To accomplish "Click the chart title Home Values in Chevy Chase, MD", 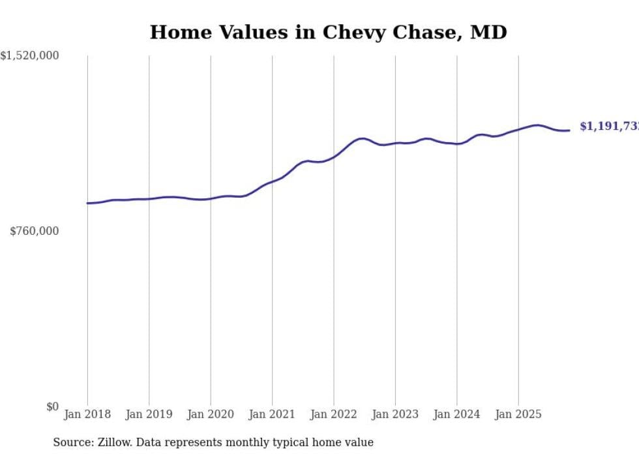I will coord(328,32).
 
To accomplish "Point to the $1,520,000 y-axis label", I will coord(30,56).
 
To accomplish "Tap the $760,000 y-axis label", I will coord(35,231).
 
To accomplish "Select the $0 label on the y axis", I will coord(52,406).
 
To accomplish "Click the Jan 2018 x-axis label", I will coord(87,414).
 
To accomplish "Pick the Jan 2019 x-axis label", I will coord(149,414).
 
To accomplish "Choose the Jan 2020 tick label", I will coord(211,414).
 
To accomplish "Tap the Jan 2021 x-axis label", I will coord(273,414).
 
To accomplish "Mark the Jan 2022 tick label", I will coord(334,414).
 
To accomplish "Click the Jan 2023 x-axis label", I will coord(395,414).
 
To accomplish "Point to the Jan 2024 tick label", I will coord(457,414).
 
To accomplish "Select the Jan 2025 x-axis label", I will coord(518,414).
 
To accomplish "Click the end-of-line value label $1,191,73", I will coord(608,127).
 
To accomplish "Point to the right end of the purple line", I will coord(569,130).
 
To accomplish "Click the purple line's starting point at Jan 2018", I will coord(87,203).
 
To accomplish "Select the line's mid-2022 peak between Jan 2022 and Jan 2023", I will coord(363,138).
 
